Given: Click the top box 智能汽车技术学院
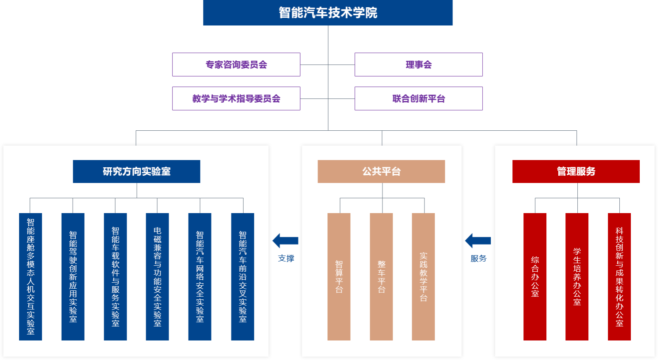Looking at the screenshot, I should pyautogui.click(x=328, y=13).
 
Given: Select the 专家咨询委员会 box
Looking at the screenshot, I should pyautogui.click(x=236, y=65).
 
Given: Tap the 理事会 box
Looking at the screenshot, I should pyautogui.click(x=419, y=65).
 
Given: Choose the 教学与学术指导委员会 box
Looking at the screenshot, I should pyautogui.click(x=236, y=98).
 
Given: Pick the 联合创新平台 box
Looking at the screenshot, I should pyautogui.click(x=419, y=98).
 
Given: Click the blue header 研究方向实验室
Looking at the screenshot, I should pyautogui.click(x=136, y=172).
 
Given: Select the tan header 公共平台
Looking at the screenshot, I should pyautogui.click(x=381, y=172).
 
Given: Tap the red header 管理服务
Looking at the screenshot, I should pyautogui.click(x=576, y=172).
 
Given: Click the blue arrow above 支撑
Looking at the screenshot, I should pyautogui.click(x=285, y=241).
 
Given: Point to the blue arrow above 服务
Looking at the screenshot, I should pyautogui.click(x=478, y=241).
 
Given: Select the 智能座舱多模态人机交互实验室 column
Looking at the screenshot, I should pyautogui.click(x=31, y=277).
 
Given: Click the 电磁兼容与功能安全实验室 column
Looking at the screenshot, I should pyautogui.click(x=157, y=277).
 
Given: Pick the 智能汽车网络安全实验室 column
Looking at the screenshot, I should pyautogui.click(x=200, y=277).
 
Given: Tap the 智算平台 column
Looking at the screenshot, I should pyautogui.click(x=339, y=277).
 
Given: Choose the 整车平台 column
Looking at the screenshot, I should pyautogui.click(x=381, y=277).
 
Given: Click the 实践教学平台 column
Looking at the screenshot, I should pyautogui.click(x=423, y=277).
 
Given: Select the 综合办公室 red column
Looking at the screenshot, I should pyautogui.click(x=535, y=277).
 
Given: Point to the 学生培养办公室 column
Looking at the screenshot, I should pyautogui.click(x=577, y=277).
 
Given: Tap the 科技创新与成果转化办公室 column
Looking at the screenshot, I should pyautogui.click(x=619, y=277).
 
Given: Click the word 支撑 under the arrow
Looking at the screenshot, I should pyautogui.click(x=286, y=259).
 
